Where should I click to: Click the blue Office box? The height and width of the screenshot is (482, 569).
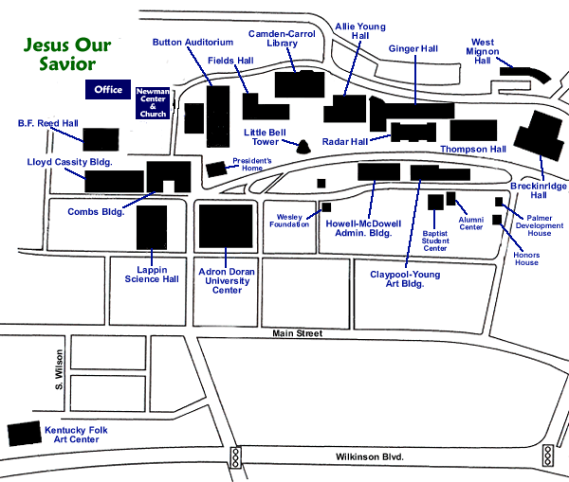click(x=109, y=90)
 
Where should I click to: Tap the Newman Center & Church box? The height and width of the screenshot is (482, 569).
click(x=152, y=102)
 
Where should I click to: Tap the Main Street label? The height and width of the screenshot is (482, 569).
click(x=297, y=333)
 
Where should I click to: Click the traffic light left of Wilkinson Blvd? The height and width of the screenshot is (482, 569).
click(x=234, y=457)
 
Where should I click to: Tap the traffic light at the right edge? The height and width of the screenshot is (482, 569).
click(x=547, y=456)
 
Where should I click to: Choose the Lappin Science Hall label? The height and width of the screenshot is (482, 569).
click(x=152, y=274)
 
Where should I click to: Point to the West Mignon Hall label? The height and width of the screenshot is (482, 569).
click(x=484, y=51)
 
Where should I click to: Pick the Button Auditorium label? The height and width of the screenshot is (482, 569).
click(x=193, y=43)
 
